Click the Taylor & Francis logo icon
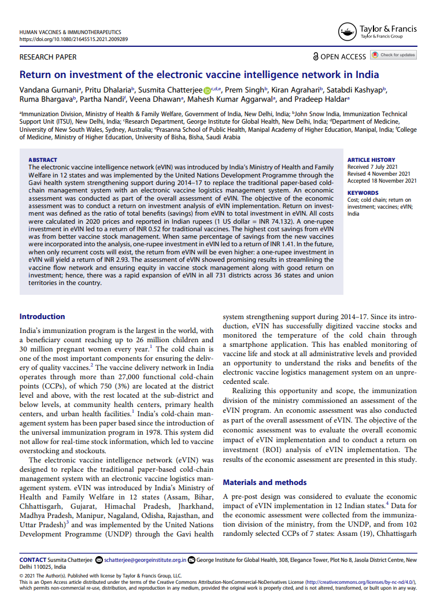coord(347,31)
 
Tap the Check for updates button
coord(393,55)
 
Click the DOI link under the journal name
coord(73,39)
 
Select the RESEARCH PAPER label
coord(48,57)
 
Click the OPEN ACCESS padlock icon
coord(315,57)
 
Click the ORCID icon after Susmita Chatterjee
coord(208,90)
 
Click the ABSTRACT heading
coord(43,160)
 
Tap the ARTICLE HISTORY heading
coord(371,160)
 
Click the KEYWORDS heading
coord(363,193)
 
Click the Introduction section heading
coord(42,316)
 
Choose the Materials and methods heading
coord(265,482)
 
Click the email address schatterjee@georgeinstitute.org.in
coord(145,560)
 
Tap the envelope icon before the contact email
coord(99,560)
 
